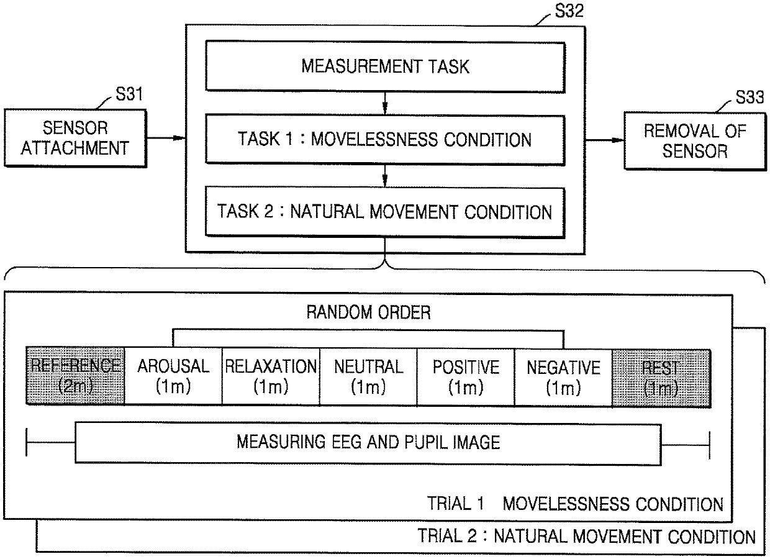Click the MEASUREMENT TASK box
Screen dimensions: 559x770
pos(385,66)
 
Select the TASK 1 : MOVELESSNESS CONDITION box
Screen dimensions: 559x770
pos(385,139)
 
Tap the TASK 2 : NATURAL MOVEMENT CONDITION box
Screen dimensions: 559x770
pos(385,212)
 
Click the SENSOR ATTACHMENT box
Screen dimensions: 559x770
pos(76,138)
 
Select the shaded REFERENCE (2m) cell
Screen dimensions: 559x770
pos(75,376)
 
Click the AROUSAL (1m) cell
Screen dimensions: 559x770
pos(173,376)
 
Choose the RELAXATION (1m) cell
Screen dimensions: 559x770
pos(270,376)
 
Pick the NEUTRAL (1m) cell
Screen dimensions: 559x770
pos(368,376)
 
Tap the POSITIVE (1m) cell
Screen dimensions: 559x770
pos(466,376)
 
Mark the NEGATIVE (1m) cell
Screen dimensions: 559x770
pos(563,376)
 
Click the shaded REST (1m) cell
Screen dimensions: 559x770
pos(661,376)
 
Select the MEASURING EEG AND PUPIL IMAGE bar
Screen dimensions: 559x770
pos(368,442)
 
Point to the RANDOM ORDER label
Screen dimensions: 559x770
pos(368,312)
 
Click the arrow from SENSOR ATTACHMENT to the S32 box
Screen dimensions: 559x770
pos(166,138)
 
